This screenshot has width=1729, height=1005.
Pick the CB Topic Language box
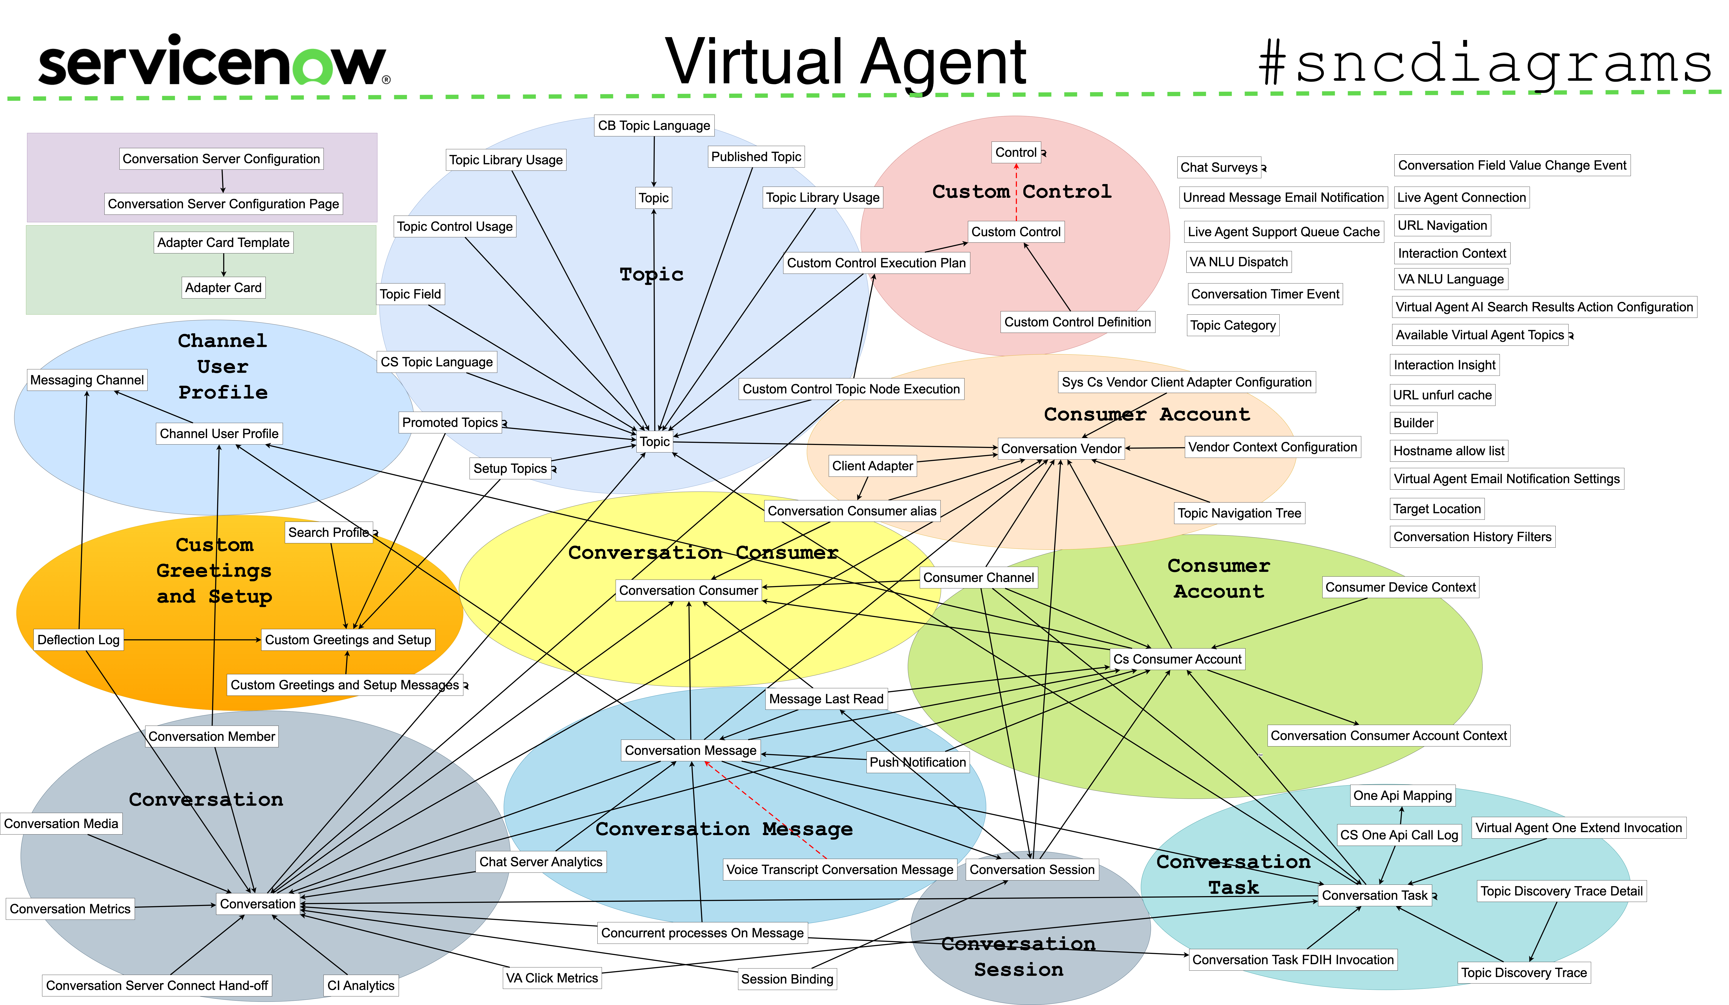(654, 126)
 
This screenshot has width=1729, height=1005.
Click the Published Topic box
(756, 156)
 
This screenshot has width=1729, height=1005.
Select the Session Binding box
(787, 979)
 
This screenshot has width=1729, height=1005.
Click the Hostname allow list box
(1448, 451)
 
